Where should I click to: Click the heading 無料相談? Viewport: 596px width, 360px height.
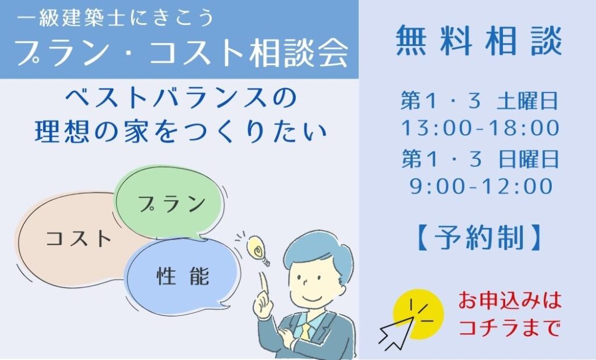[x=478, y=41]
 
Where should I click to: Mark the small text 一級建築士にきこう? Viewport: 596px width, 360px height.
[x=116, y=18]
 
